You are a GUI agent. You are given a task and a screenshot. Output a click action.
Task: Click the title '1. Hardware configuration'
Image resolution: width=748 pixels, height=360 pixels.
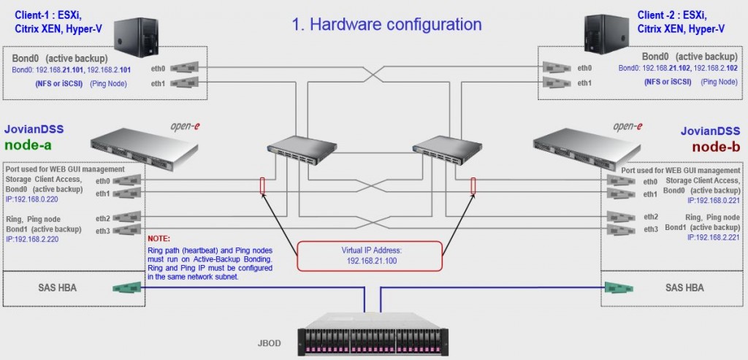click(x=386, y=24)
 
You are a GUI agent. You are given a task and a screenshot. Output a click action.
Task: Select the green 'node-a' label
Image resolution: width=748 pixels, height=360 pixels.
click(x=30, y=145)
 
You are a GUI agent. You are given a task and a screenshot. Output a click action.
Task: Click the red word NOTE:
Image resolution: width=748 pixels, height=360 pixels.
click(x=159, y=239)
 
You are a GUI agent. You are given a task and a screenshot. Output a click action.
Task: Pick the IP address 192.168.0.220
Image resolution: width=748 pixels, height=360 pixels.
click(x=32, y=197)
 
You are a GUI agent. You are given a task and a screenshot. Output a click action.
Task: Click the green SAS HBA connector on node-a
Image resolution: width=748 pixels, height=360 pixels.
click(x=126, y=288)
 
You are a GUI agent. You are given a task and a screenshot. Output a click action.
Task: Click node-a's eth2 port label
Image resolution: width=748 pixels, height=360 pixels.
click(x=102, y=218)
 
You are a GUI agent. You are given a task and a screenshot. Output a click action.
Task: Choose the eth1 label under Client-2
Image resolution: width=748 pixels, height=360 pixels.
click(x=585, y=83)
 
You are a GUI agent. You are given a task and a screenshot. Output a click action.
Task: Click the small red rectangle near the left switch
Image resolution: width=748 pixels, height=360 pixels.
click(x=262, y=185)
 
